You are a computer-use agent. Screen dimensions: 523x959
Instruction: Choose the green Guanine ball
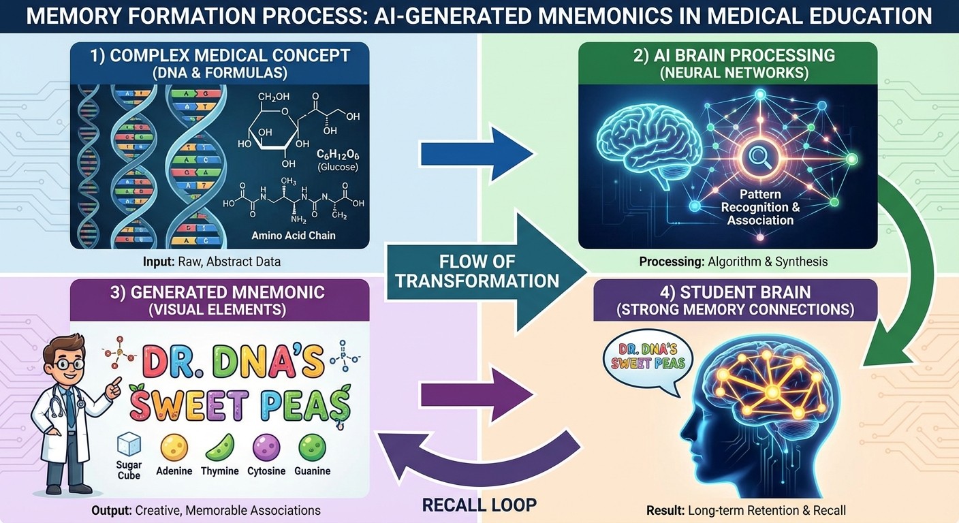[312, 447]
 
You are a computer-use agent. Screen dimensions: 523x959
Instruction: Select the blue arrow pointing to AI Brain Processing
[477, 155]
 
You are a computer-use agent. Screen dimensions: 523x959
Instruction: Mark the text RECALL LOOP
[479, 505]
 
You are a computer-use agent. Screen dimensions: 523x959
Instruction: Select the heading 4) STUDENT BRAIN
[736, 292]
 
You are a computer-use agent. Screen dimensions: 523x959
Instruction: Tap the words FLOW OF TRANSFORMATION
[477, 270]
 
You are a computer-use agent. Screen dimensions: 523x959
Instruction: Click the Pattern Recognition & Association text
[760, 207]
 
